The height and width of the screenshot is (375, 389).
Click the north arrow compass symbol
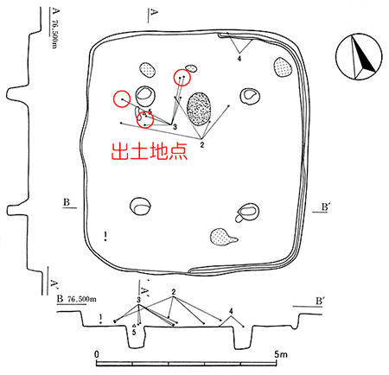pyautogui.click(x=359, y=56)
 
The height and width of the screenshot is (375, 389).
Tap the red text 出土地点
pyautogui.click(x=150, y=151)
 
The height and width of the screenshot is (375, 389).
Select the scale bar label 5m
pyautogui.click(x=281, y=354)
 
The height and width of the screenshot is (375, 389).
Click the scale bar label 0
pyautogui.click(x=97, y=354)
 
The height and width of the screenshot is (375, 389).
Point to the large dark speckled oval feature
pyautogui.click(x=199, y=109)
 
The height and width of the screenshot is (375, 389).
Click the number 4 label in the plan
pyautogui.click(x=239, y=59)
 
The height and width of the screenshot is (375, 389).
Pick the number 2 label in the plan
pyautogui.click(x=202, y=144)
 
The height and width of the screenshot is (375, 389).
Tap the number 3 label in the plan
pyautogui.click(x=175, y=127)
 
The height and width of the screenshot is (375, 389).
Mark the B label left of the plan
pyautogui.click(x=67, y=202)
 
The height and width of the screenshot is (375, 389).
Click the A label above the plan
pyautogui.click(x=154, y=13)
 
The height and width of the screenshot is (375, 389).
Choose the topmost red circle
pyautogui.click(x=182, y=78)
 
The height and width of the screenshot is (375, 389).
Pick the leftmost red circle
pyautogui.click(x=122, y=99)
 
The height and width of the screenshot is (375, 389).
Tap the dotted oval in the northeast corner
pyautogui.click(x=283, y=67)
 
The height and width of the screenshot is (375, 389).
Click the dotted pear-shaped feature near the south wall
pyautogui.click(x=223, y=237)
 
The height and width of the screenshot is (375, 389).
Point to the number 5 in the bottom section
pyautogui.click(x=134, y=333)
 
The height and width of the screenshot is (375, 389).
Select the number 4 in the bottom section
pyautogui.click(x=231, y=311)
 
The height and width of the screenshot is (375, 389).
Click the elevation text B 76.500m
pyautogui.click(x=76, y=299)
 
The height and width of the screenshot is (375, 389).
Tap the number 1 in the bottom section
pyautogui.click(x=100, y=317)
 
